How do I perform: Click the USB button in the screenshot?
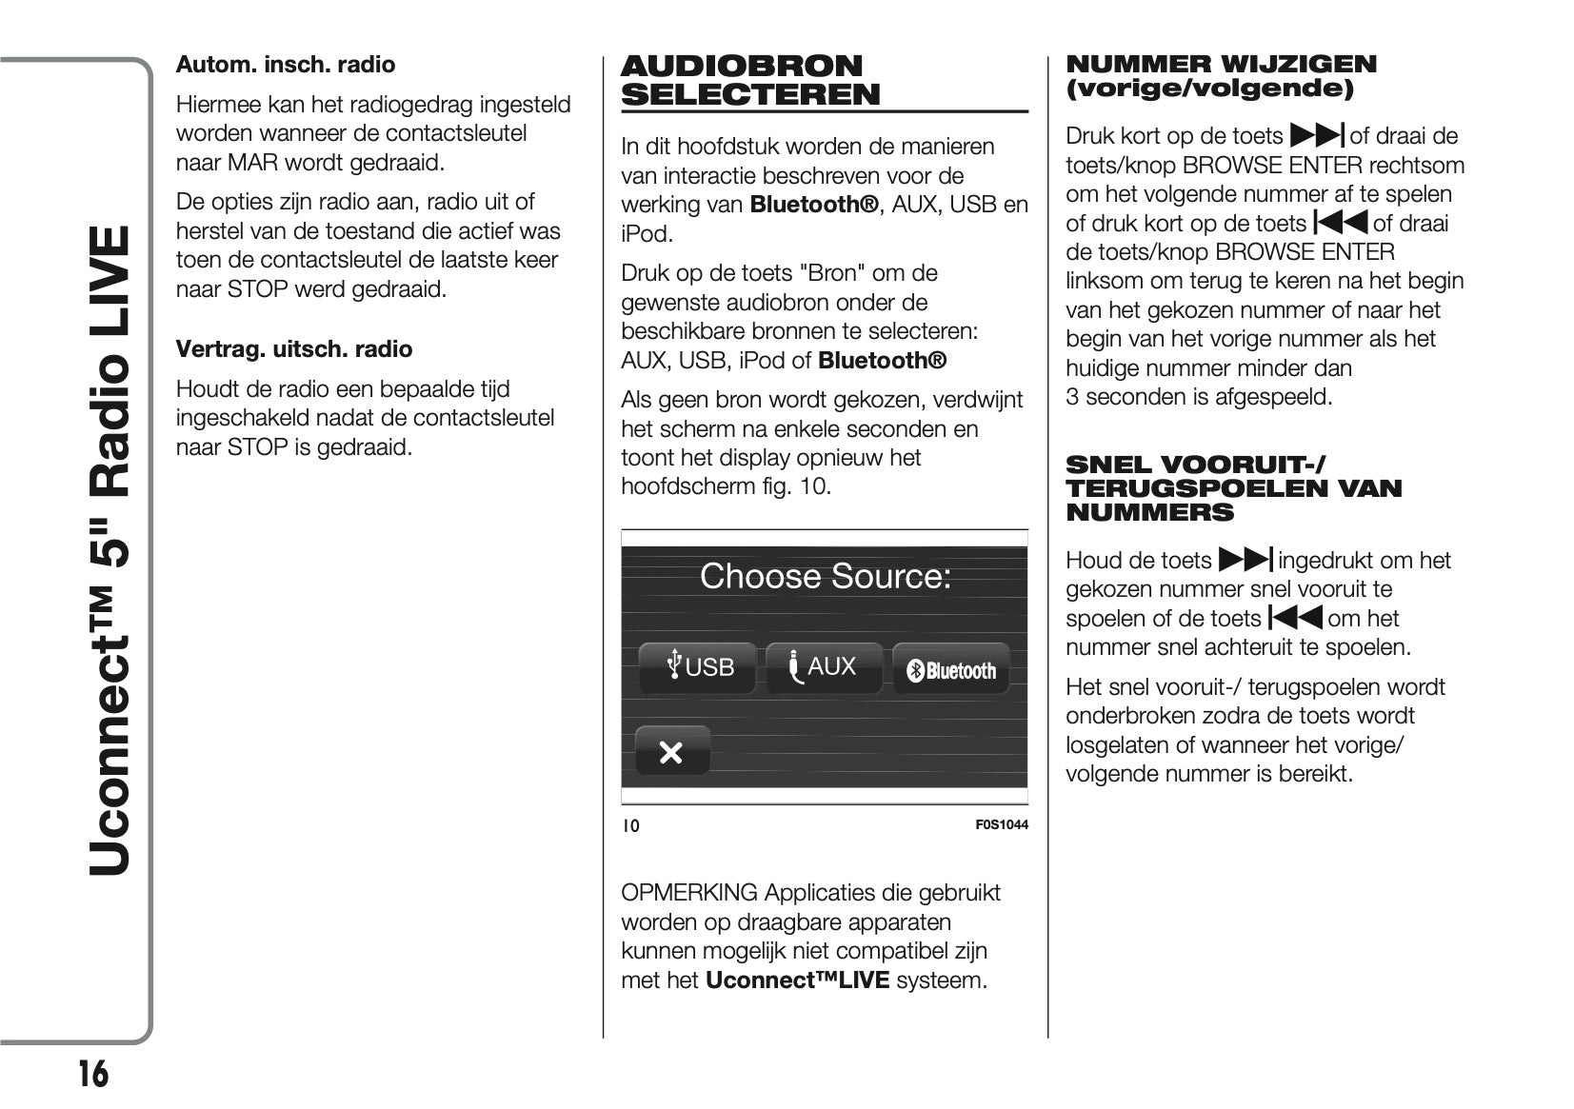click(x=698, y=667)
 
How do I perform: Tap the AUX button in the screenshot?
click(x=824, y=667)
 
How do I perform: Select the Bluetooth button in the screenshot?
click(x=951, y=671)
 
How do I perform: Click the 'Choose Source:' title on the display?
click(x=825, y=577)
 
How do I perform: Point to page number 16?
click(x=92, y=1075)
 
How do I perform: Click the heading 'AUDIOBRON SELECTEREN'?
click(x=750, y=81)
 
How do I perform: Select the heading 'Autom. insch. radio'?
click(x=286, y=65)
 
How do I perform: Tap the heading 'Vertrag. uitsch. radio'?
click(x=294, y=349)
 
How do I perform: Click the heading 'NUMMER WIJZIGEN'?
click(x=1221, y=65)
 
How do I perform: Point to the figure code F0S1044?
click(x=1002, y=825)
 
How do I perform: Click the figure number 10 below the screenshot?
click(x=631, y=826)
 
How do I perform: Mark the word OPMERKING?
click(x=689, y=893)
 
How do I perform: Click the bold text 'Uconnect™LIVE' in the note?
click(x=797, y=980)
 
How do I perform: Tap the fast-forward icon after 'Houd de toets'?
click(x=1245, y=560)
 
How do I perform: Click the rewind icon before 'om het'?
click(x=1295, y=618)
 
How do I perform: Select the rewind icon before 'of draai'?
click(x=1341, y=223)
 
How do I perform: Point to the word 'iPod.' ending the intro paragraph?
click(x=647, y=234)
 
